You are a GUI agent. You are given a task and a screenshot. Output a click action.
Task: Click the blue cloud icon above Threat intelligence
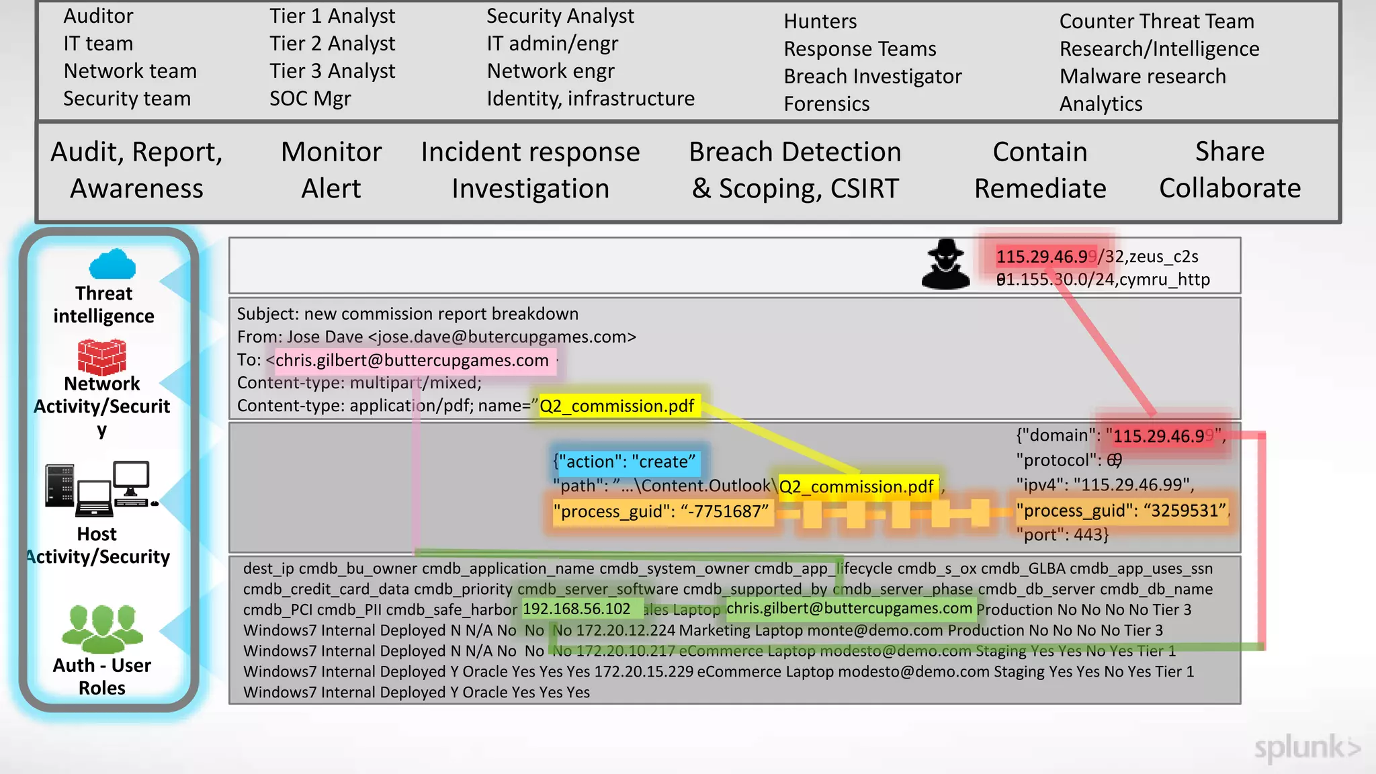pyautogui.click(x=112, y=264)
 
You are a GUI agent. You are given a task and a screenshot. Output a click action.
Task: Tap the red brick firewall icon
pyautogui.click(x=101, y=357)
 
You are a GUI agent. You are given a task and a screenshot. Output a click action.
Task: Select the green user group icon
pyautogui.click(x=102, y=629)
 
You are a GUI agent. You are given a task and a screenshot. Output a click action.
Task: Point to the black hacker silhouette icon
pyautogui.click(x=945, y=264)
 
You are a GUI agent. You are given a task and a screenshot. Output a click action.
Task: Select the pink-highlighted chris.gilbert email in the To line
pyautogui.click(x=412, y=361)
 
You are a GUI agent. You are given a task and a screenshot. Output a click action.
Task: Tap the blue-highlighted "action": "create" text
pyautogui.click(x=625, y=462)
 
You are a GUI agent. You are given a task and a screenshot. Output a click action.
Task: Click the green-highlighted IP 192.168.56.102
pyautogui.click(x=576, y=609)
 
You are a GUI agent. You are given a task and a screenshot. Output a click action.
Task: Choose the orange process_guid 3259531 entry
pyautogui.click(x=1121, y=511)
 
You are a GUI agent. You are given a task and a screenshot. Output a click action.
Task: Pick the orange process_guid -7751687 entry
pyautogui.click(x=660, y=512)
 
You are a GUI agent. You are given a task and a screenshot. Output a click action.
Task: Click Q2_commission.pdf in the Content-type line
pyautogui.click(x=617, y=406)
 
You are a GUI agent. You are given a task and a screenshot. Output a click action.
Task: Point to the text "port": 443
pyautogui.click(x=1062, y=535)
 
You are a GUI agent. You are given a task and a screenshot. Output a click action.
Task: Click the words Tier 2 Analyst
pyautogui.click(x=332, y=44)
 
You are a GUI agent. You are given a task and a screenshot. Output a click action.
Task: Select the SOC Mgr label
pyautogui.click(x=310, y=99)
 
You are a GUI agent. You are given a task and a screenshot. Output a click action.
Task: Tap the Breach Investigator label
pyautogui.click(x=872, y=77)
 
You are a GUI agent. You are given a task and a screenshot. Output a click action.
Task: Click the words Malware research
pyautogui.click(x=1142, y=77)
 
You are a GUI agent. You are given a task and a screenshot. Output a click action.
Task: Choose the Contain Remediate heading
pyautogui.click(x=1039, y=170)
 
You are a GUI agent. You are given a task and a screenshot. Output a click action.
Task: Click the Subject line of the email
pyautogui.click(x=407, y=314)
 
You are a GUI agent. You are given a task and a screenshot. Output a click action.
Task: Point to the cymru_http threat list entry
pyautogui.click(x=1103, y=279)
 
